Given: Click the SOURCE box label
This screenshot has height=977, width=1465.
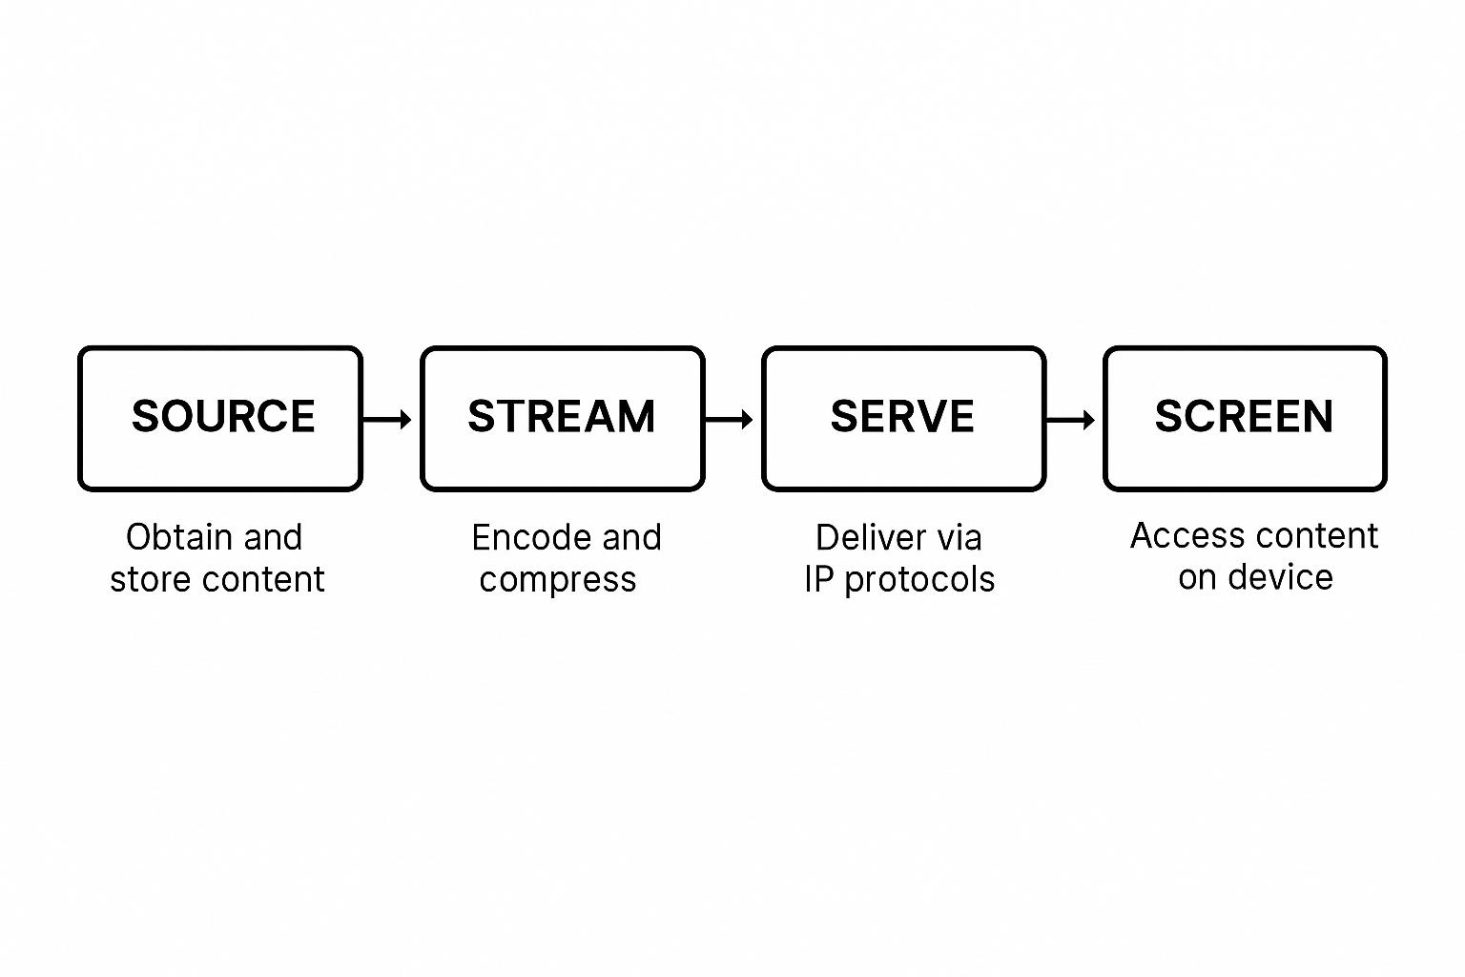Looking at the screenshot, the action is (223, 416).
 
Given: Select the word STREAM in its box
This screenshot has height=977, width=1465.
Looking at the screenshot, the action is (562, 416).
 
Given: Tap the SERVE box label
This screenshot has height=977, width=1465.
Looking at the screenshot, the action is (902, 416).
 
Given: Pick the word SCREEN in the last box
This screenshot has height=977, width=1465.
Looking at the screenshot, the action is (1244, 416).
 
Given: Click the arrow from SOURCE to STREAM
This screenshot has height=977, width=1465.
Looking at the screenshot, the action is (387, 419).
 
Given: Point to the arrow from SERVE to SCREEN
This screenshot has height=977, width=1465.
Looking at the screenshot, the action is (1071, 420).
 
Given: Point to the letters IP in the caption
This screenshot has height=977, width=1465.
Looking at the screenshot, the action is (818, 579).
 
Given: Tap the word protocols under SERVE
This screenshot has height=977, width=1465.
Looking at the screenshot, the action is (920, 580).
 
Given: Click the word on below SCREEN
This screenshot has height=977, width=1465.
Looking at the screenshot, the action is (1197, 578).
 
